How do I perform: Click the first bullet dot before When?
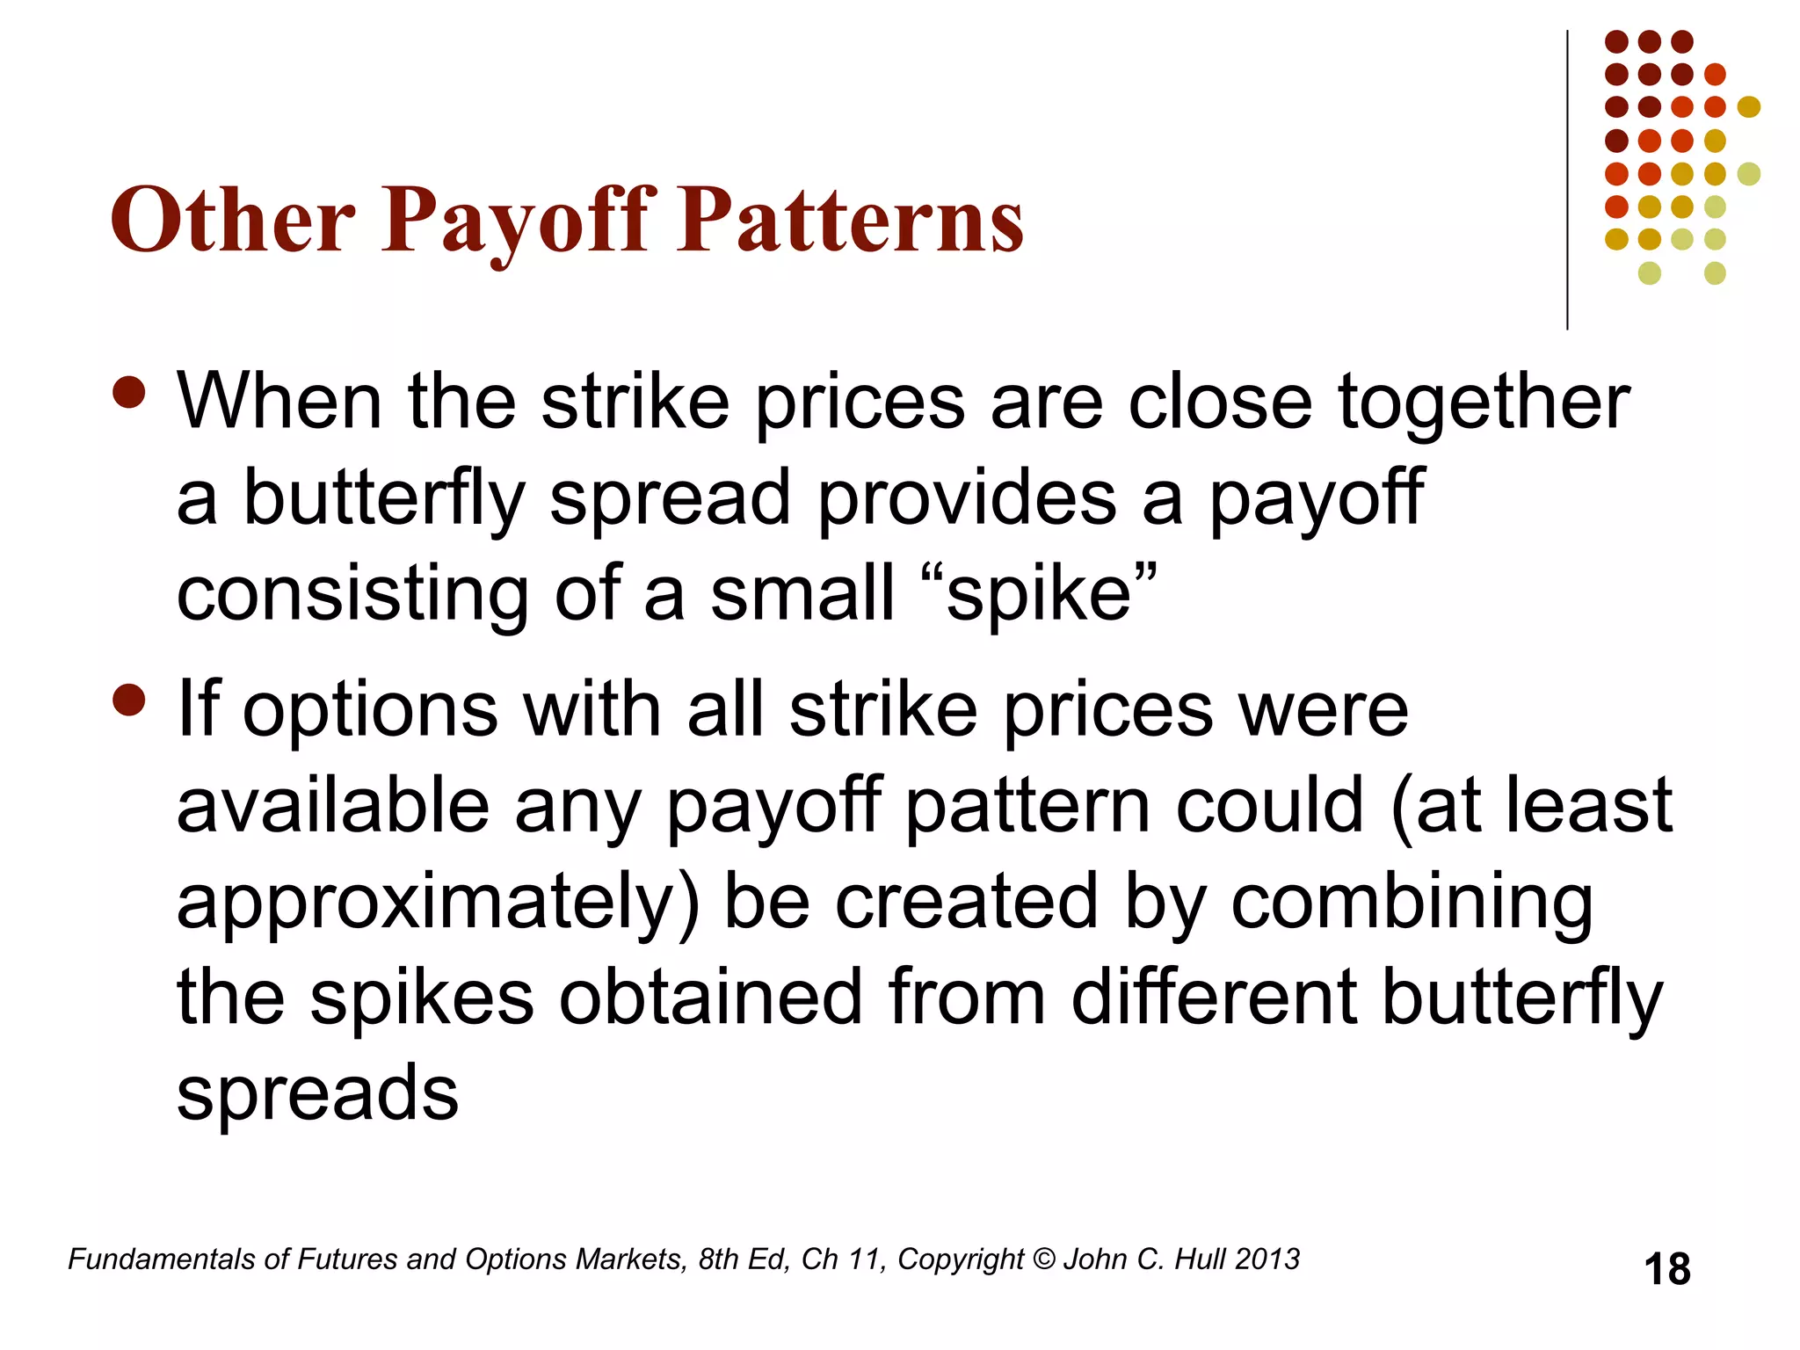tap(129, 393)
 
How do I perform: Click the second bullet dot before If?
tap(129, 700)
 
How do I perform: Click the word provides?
tap(967, 498)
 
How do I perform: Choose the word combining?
tap(1412, 903)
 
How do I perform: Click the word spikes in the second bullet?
tap(422, 998)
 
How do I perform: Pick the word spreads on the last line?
tap(317, 1094)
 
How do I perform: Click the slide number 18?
tap(1666, 1270)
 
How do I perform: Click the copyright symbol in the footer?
tap(1044, 1259)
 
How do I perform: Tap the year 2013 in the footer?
tap(1267, 1259)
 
